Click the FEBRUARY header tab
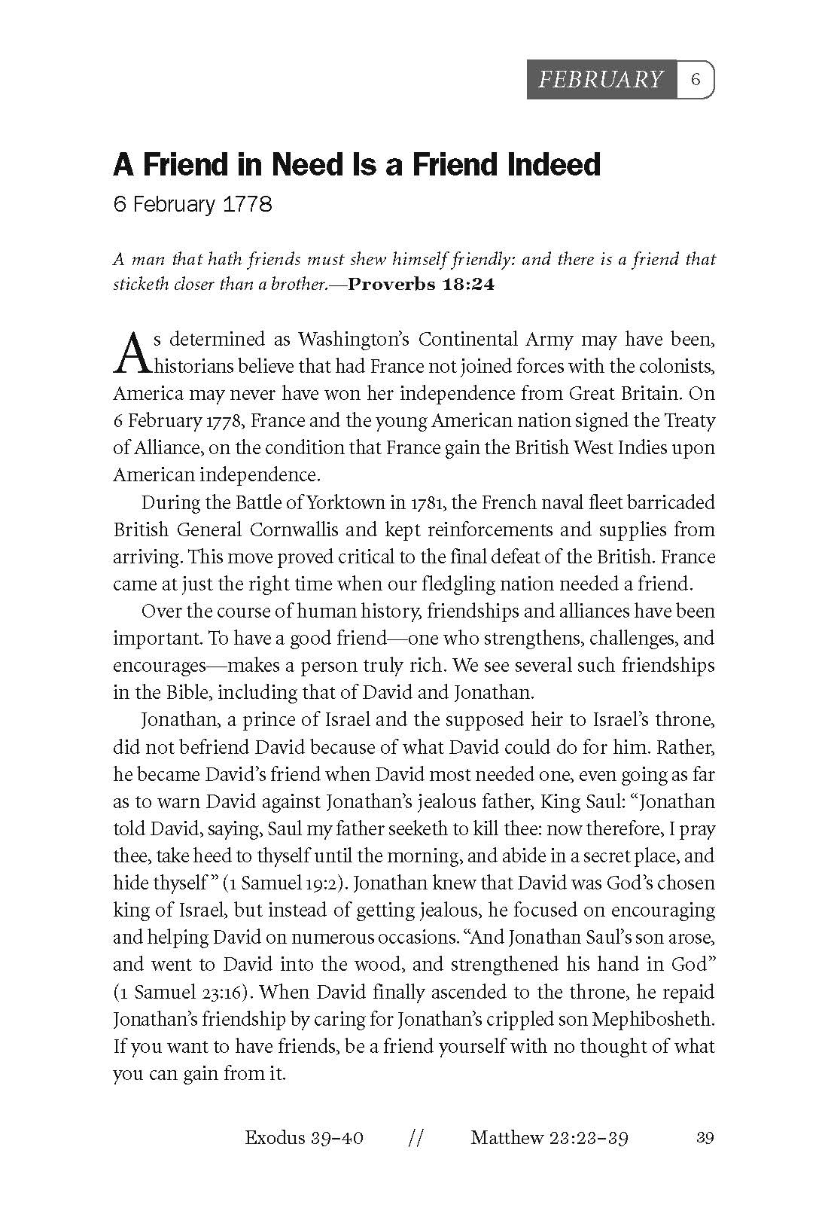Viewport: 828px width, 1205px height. click(601, 79)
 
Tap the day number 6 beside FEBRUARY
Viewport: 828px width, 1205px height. click(696, 79)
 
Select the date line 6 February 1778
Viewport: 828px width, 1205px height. click(192, 204)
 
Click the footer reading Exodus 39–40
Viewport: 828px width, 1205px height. click(304, 1137)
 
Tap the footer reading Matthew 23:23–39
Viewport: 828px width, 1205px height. click(549, 1137)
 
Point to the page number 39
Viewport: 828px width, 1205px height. click(705, 1137)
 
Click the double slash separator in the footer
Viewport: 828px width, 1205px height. click(414, 1137)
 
